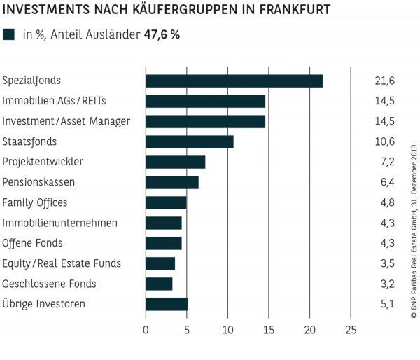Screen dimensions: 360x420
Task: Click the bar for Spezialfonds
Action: coord(234,81)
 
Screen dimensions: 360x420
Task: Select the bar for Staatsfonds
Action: coord(189,141)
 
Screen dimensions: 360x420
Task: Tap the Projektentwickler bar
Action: coord(175,162)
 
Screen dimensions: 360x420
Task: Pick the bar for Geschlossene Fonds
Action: coord(159,284)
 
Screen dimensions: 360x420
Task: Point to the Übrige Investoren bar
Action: coord(167,304)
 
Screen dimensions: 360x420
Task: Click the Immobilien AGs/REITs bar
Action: coord(205,101)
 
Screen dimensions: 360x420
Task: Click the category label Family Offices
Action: coord(35,202)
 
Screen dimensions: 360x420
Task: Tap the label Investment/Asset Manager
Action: coord(66,121)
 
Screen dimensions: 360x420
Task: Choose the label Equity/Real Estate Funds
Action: coord(62,263)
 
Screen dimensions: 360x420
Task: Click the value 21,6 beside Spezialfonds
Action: coord(385,81)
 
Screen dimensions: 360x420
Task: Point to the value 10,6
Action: coord(385,142)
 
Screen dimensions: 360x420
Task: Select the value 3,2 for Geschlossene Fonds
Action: coord(385,284)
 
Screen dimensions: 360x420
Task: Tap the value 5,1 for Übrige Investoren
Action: coord(385,305)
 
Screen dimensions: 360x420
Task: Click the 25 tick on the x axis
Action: coord(351,331)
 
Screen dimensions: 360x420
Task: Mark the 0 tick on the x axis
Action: coord(146,331)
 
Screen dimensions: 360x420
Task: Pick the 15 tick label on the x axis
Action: coord(269,331)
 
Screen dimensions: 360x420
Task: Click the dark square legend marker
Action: coord(9,34)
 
